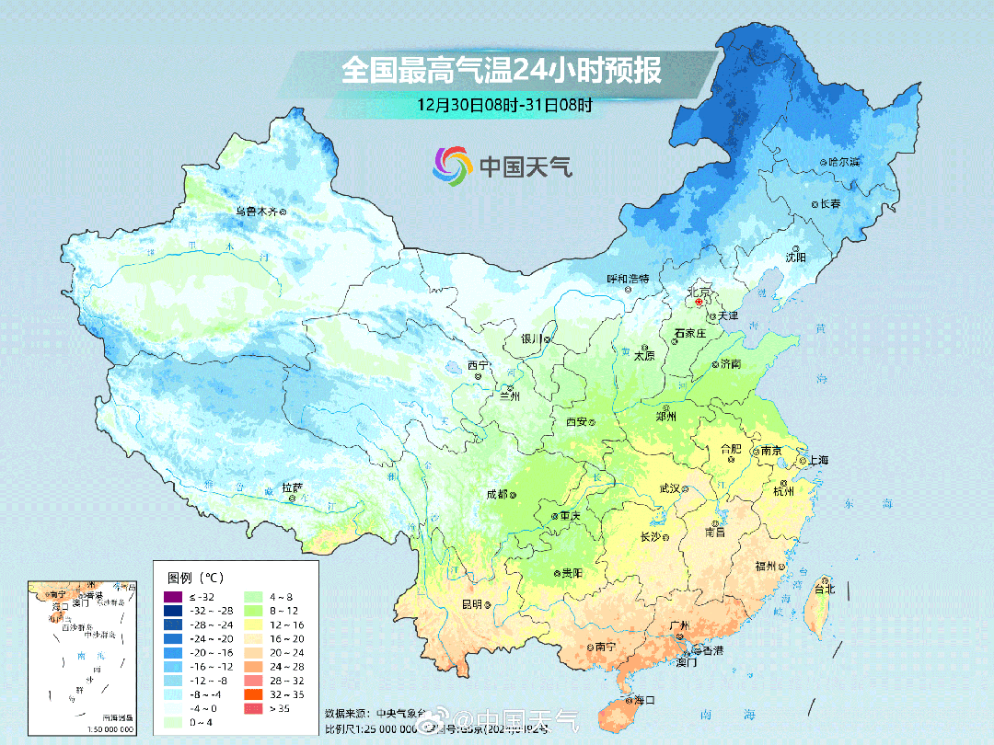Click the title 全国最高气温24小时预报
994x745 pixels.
pyautogui.click(x=502, y=71)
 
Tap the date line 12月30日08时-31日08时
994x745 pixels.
pyautogui.click(x=503, y=104)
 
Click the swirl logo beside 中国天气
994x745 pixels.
pyautogui.click(x=452, y=166)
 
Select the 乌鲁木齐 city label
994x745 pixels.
pyautogui.click(x=255, y=211)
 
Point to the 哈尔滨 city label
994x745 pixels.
pyautogui.click(x=843, y=162)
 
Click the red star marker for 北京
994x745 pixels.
pyautogui.click(x=699, y=301)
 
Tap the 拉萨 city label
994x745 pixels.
pyautogui.click(x=292, y=487)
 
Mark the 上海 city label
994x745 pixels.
pyautogui.click(x=818, y=460)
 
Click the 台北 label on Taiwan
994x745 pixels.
pyautogui.click(x=824, y=589)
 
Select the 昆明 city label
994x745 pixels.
pyautogui.click(x=471, y=604)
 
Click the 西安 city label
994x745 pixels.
pyautogui.click(x=576, y=421)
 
